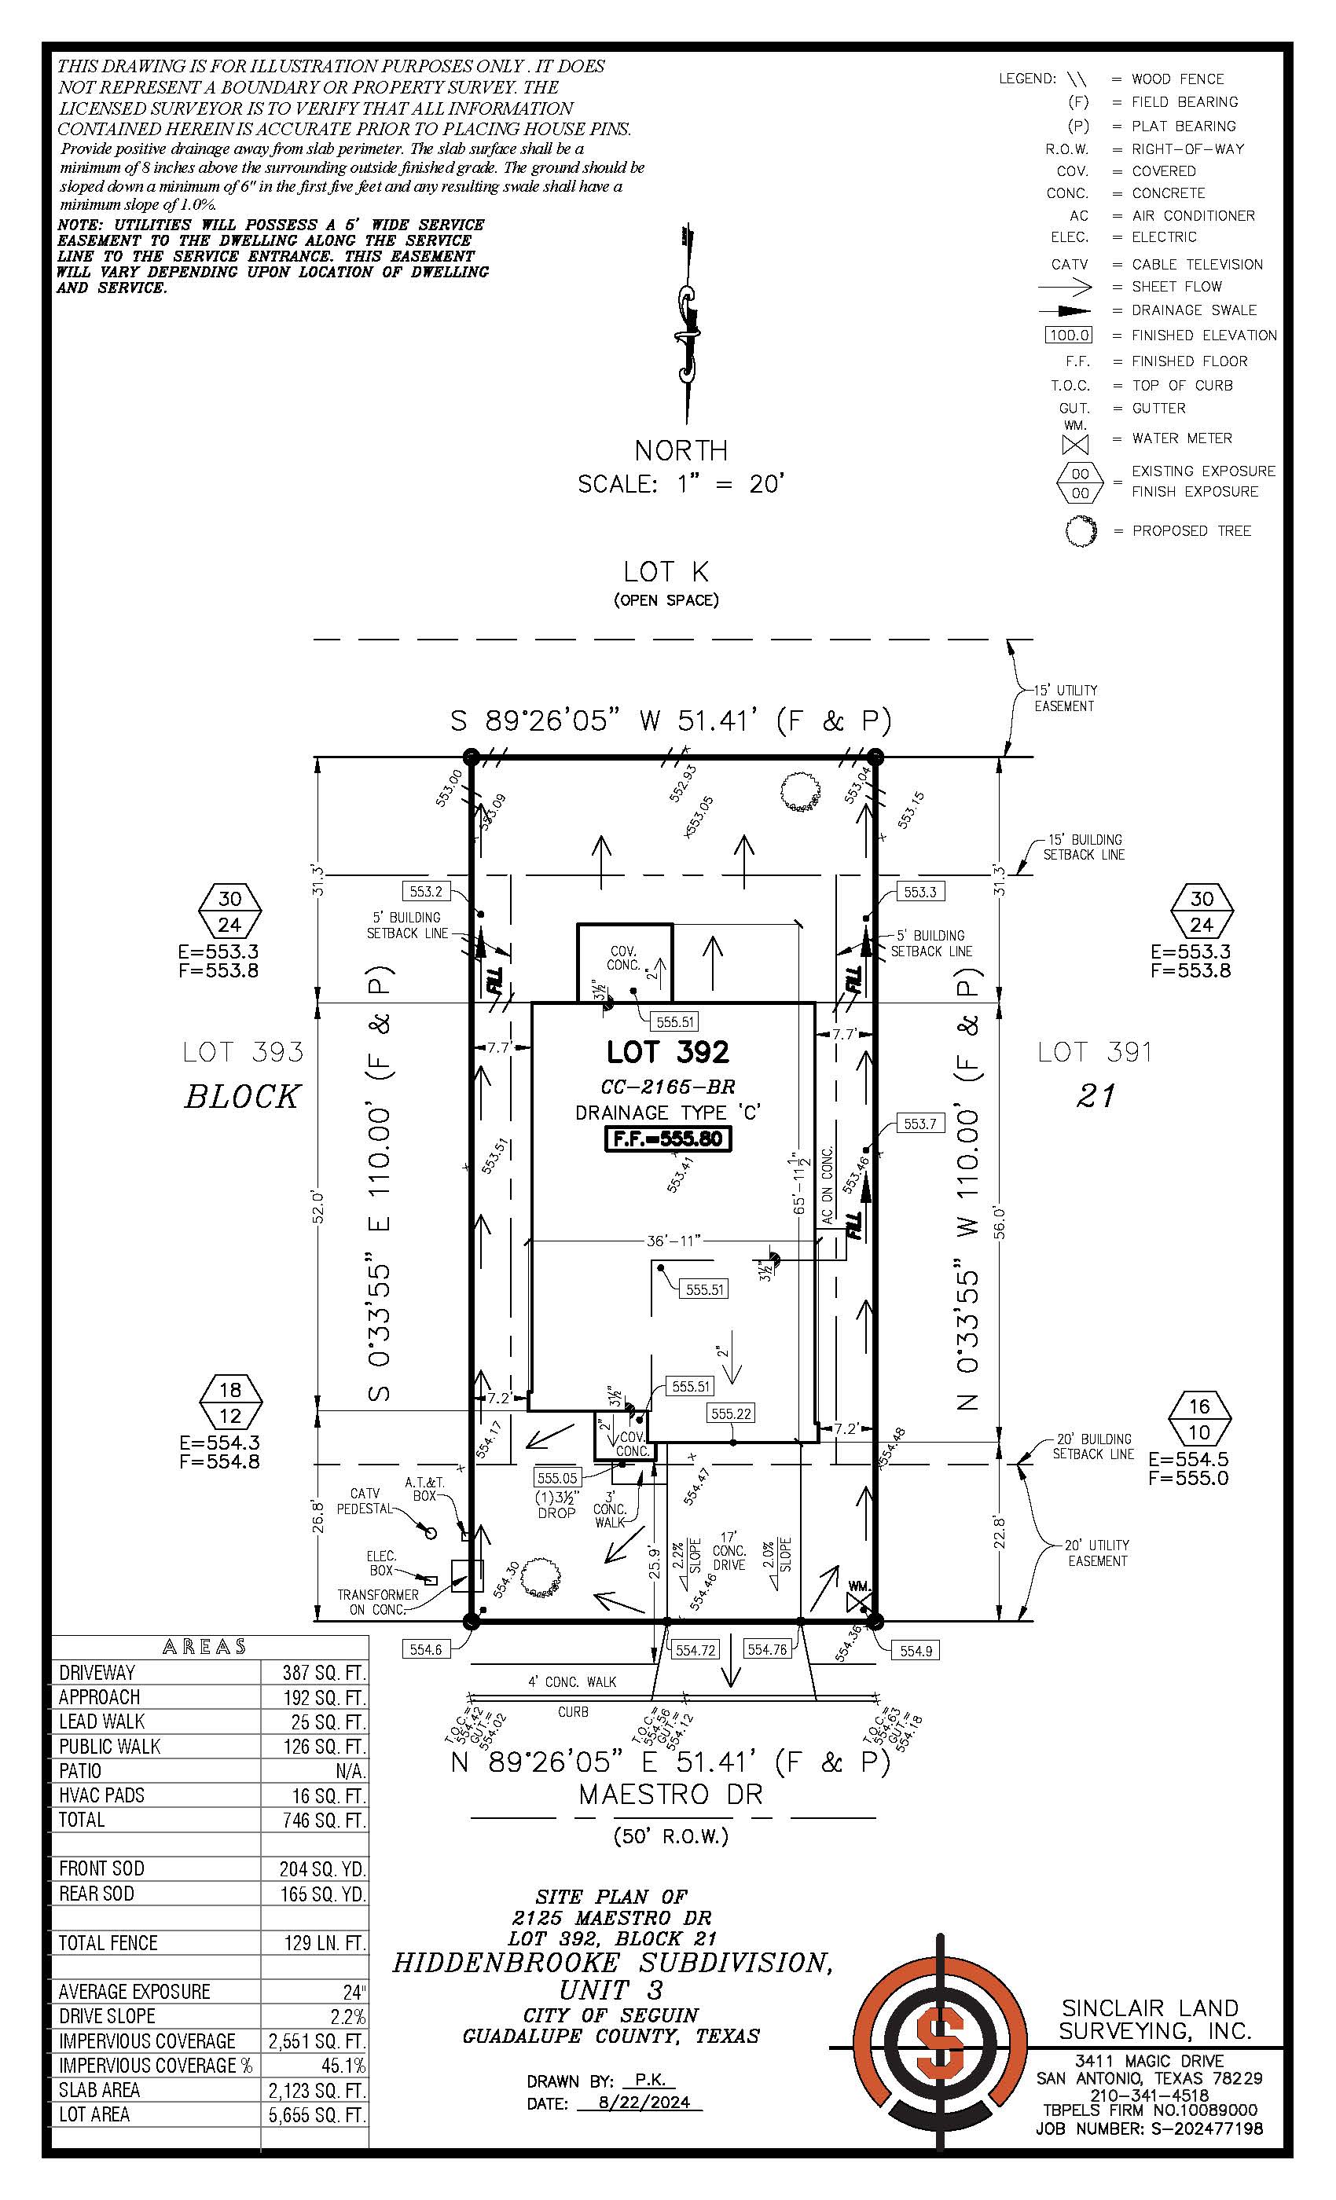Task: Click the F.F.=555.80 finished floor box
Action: tap(668, 1138)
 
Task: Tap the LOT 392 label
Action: tap(668, 1052)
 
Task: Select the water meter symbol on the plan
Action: tap(859, 1602)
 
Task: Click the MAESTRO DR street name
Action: tap(670, 1794)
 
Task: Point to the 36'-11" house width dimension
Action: tap(674, 1240)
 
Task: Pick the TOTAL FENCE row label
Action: tap(108, 1942)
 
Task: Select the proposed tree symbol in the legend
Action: tap(1080, 531)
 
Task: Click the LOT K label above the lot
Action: tap(666, 571)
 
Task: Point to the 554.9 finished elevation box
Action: tap(916, 1651)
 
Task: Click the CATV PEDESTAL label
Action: tap(365, 1501)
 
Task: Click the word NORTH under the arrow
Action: tap(681, 450)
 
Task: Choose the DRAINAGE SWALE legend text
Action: tap(1193, 310)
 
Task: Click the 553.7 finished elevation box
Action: tap(919, 1124)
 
